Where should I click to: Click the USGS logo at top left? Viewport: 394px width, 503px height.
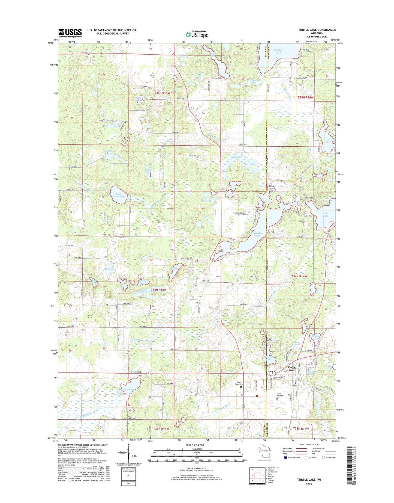[x=70, y=33]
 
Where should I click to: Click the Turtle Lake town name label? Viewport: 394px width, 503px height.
[x=292, y=368]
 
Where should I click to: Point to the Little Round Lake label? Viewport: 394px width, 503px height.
[x=118, y=195]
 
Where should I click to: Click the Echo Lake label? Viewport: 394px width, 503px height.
[x=326, y=215]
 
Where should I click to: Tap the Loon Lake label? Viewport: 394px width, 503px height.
[x=327, y=141]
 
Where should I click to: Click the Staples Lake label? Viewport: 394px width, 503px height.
[x=278, y=51]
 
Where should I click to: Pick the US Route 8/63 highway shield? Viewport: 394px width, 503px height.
[x=272, y=374]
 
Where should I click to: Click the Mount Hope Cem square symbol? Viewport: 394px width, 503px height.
[x=241, y=387]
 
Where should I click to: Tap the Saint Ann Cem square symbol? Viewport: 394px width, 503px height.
[x=277, y=398]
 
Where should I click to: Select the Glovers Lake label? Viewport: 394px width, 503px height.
[x=115, y=125]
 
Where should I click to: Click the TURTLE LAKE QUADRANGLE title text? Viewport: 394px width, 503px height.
[x=317, y=30]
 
